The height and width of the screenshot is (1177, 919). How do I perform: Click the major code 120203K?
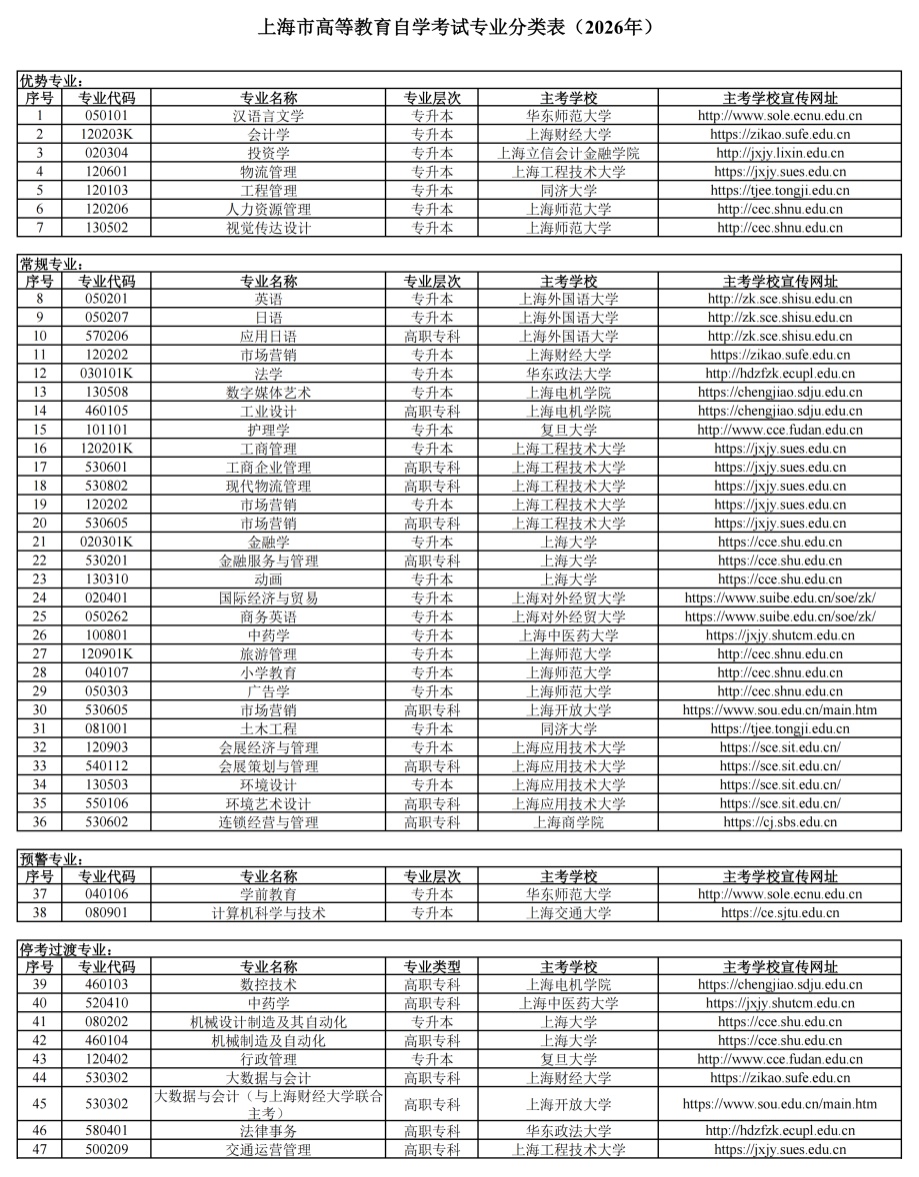pyautogui.click(x=106, y=134)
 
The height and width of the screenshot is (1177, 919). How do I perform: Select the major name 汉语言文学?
pyautogui.click(x=268, y=116)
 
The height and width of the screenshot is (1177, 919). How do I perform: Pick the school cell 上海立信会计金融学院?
pyautogui.click(x=568, y=153)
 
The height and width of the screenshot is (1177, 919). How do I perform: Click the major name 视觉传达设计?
pyautogui.click(x=268, y=228)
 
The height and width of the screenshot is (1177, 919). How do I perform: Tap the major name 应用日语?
pyautogui.click(x=268, y=337)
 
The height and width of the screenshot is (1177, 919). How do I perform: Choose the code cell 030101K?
pyautogui.click(x=106, y=374)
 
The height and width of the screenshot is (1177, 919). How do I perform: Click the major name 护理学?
pyautogui.click(x=268, y=430)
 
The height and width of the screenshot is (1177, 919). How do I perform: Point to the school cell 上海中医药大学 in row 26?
pyautogui.click(x=568, y=635)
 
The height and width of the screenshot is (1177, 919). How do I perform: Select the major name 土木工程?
pyautogui.click(x=268, y=729)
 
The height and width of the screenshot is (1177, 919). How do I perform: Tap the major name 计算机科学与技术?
pyautogui.click(x=268, y=913)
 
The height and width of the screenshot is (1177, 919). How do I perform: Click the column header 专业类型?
pyautogui.click(x=432, y=967)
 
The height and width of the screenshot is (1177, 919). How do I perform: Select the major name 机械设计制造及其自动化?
pyautogui.click(x=268, y=1022)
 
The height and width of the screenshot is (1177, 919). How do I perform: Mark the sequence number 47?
pyautogui.click(x=40, y=1150)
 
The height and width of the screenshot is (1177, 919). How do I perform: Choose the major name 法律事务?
pyautogui.click(x=268, y=1131)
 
